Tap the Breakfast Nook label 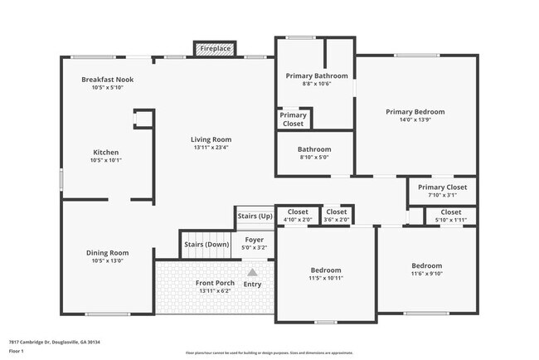pyautogui.click(x=107, y=80)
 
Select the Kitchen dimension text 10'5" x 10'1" pyautogui.click(x=106, y=161)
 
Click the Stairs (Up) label pyautogui.click(x=255, y=216)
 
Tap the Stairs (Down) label pyautogui.click(x=205, y=245)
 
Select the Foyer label pyautogui.click(x=254, y=240)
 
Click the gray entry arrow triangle pyautogui.click(x=252, y=271)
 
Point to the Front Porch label pyautogui.click(x=215, y=284)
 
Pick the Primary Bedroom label pyautogui.click(x=415, y=112)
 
